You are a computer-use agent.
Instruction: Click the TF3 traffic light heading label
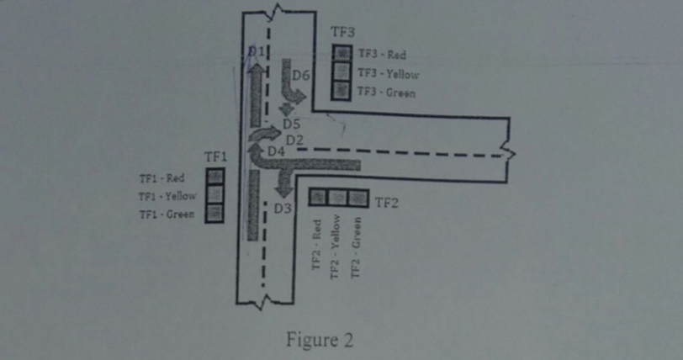point(342,33)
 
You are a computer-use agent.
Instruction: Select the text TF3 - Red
point(382,56)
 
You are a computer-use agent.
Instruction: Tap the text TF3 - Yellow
point(388,74)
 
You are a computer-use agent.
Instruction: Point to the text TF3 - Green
point(386,93)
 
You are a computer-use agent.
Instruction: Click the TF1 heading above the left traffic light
point(216,157)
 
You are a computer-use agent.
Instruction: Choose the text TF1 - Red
point(161,178)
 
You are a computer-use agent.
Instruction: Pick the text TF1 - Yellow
point(167,196)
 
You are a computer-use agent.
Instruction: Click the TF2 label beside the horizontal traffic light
point(385,202)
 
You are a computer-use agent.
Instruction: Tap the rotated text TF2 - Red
point(317,244)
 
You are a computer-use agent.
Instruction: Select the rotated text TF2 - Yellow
point(336,247)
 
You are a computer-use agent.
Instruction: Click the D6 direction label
point(301,76)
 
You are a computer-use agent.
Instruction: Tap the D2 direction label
point(294,139)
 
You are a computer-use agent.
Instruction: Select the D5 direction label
point(291,124)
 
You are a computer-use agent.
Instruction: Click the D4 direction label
point(277,151)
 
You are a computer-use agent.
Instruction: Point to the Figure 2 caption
point(320,340)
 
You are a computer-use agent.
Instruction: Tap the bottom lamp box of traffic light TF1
point(215,214)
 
